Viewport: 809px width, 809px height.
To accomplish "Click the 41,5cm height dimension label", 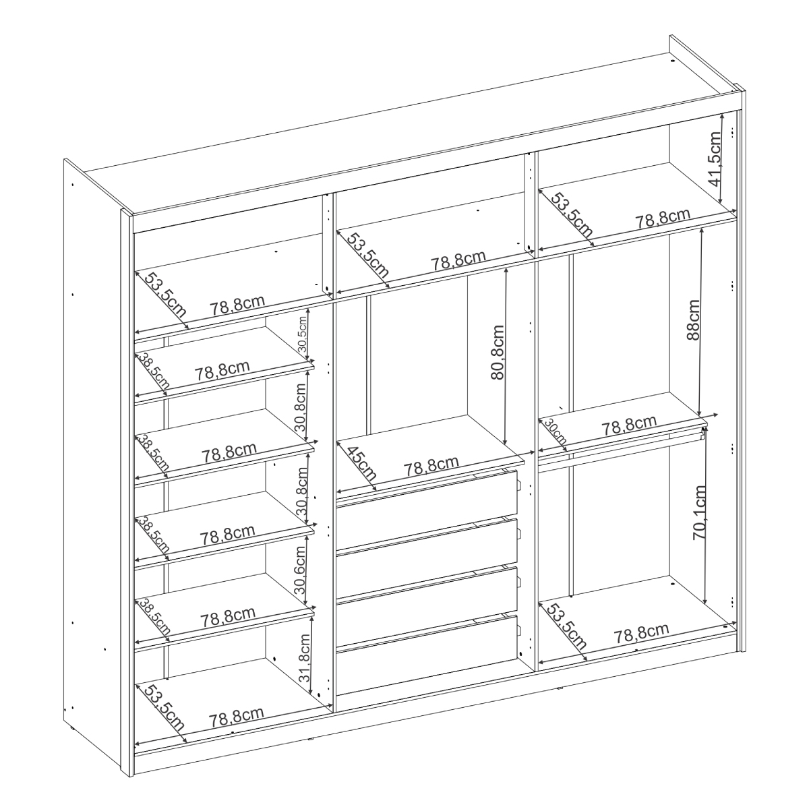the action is (714, 159).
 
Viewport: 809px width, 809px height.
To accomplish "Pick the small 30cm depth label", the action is (555, 431).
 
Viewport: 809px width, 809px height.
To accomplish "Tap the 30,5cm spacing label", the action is (303, 334).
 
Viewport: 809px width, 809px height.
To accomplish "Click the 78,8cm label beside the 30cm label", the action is (629, 426).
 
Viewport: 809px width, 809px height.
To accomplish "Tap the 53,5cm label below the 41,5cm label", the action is (572, 214).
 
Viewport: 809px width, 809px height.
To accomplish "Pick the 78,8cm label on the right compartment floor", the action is (642, 634).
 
